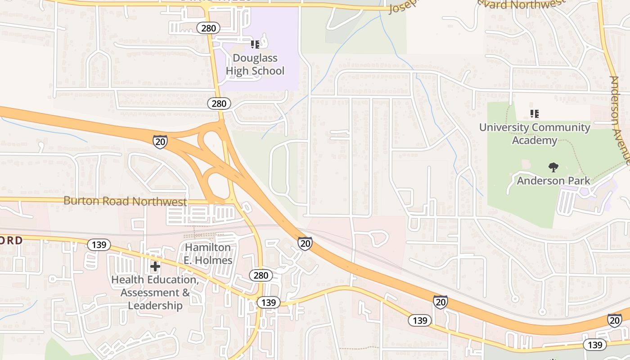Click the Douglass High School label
255,64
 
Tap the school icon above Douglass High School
255,44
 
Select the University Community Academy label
535,134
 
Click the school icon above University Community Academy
534,113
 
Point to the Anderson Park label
553,181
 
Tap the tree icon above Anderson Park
553,167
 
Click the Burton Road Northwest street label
125,201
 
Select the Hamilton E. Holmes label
208,254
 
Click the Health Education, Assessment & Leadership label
155,292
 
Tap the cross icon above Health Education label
155,266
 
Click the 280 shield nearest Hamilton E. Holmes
261,275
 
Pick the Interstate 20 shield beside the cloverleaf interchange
160,141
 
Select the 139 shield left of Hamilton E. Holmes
99,245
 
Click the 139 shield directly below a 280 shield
269,302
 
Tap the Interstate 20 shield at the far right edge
615,320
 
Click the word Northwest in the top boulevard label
536,5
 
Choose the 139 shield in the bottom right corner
595,345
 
